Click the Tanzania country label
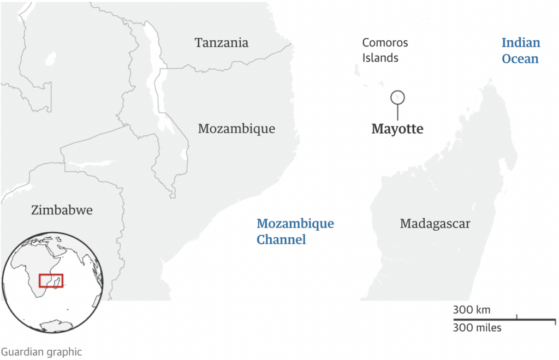(222, 43)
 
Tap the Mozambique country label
(236, 129)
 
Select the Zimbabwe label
(62, 210)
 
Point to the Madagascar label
(435, 223)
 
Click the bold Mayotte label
(397, 129)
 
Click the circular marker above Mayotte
(397, 98)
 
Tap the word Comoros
(385, 43)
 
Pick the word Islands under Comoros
(380, 58)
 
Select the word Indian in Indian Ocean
(521, 43)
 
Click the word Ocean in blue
(520, 59)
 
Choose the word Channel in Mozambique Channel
(281, 239)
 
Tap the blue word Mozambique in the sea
(295, 224)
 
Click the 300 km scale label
(472, 310)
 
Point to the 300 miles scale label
(477, 327)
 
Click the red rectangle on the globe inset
(51, 280)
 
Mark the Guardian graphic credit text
(41, 352)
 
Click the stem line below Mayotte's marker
(397, 112)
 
